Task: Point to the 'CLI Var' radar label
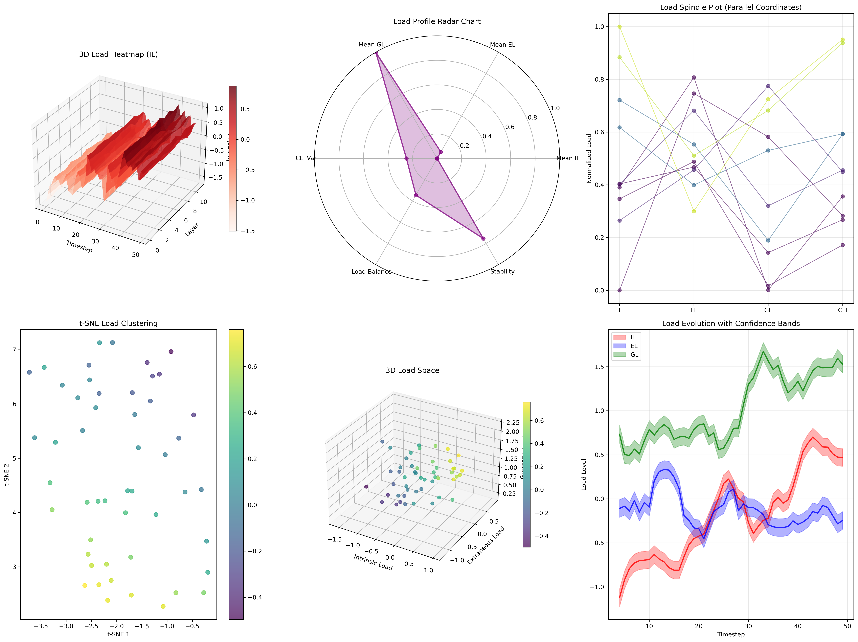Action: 306,158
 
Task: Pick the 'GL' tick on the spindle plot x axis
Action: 768,310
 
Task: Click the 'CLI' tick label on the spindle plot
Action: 842,310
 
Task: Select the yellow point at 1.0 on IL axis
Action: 619,27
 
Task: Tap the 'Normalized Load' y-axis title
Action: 589,158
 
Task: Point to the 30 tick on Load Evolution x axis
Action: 748,626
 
